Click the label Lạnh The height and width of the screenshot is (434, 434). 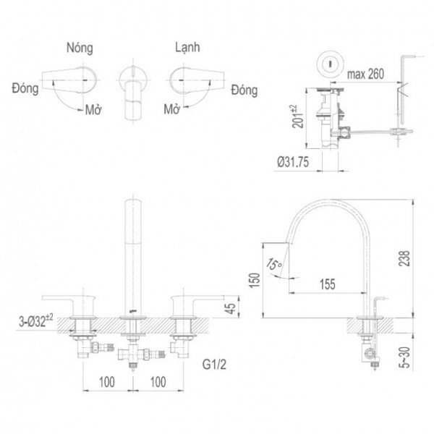(187, 47)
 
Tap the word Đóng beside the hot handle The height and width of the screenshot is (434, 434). (25, 87)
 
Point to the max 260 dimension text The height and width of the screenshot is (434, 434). (366, 74)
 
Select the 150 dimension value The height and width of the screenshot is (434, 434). (254, 281)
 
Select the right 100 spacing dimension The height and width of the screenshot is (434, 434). (157, 380)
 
